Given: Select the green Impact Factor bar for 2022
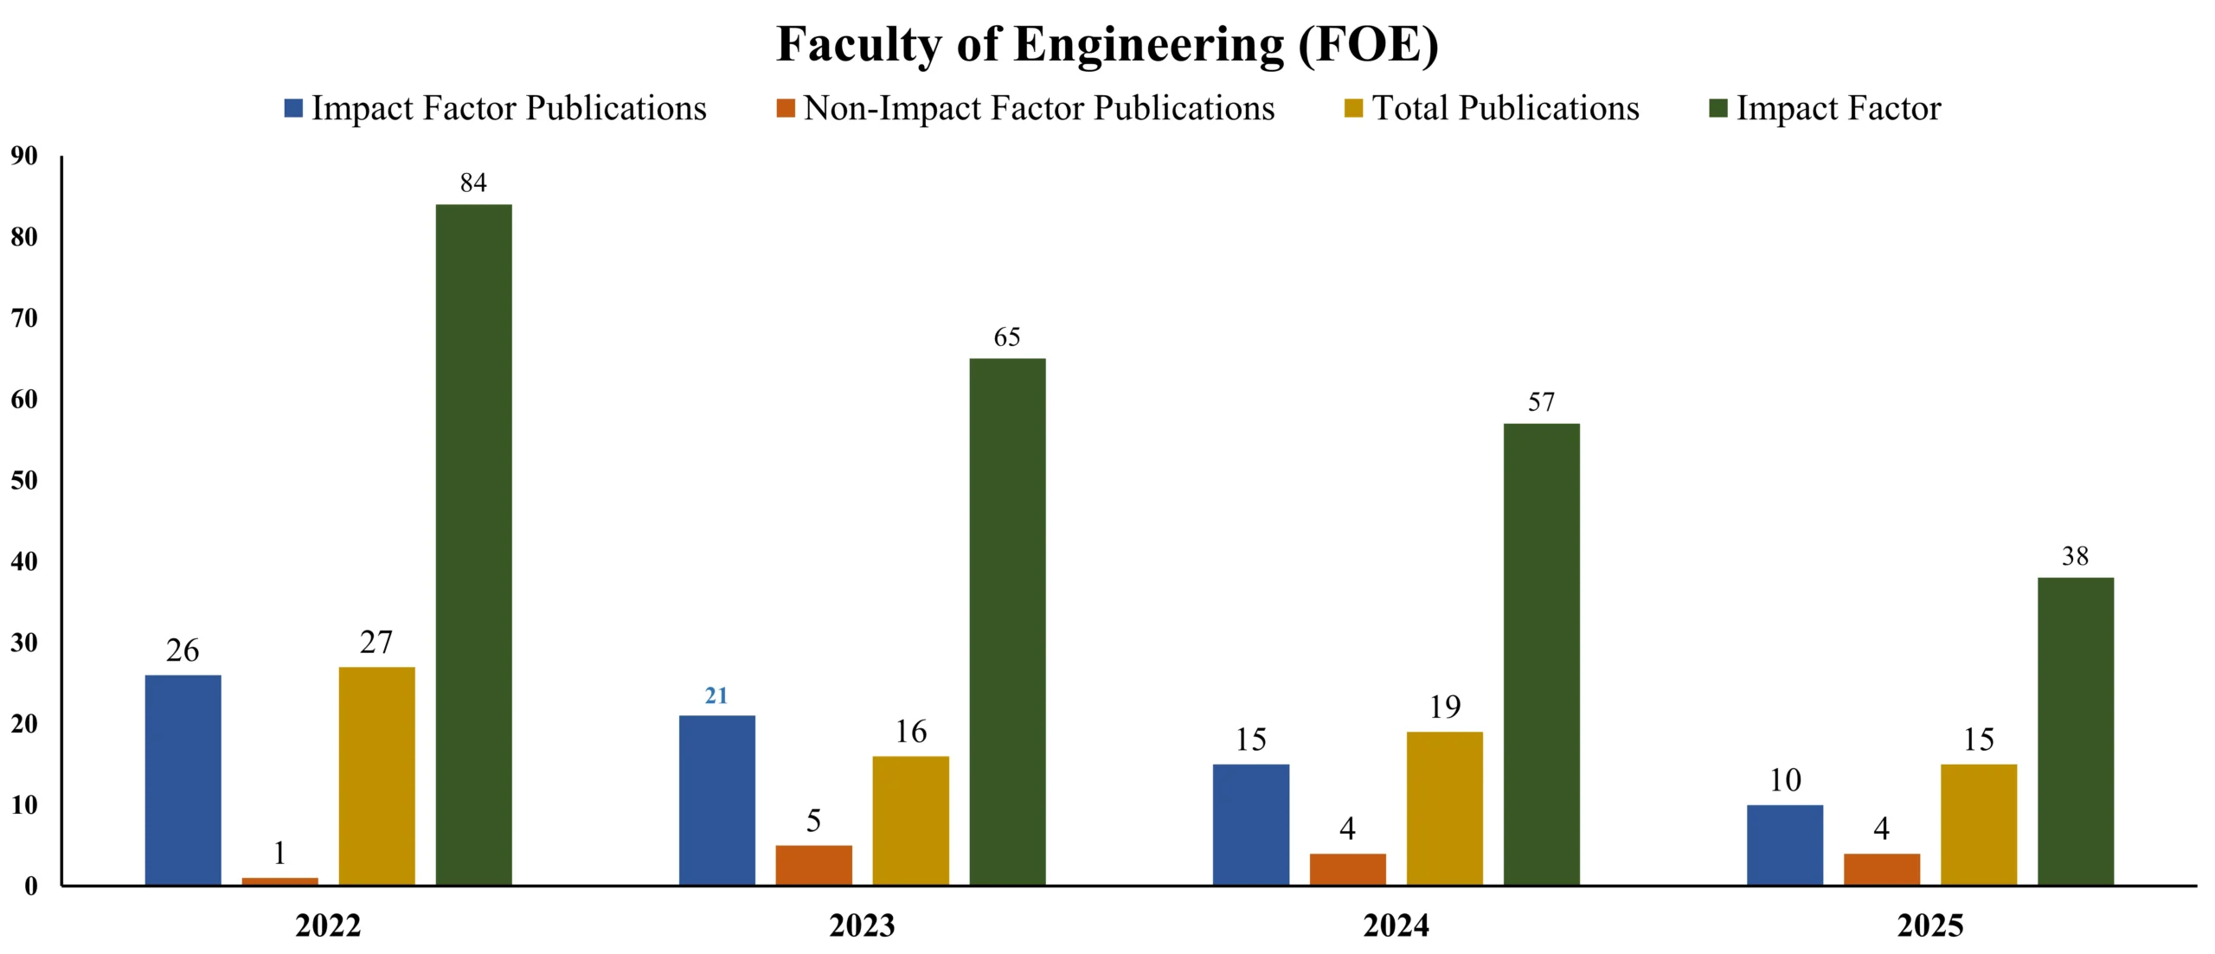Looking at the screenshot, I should point(473,544).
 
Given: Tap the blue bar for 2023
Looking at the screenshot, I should point(716,800).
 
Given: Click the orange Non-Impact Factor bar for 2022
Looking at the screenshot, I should point(279,881).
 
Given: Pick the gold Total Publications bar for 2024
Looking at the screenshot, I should point(1444,808).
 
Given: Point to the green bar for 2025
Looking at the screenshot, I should point(2075,731).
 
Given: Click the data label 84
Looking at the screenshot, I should point(473,182).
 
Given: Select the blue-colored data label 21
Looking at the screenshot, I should point(716,695).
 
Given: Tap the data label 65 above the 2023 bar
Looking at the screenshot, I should point(1007,336).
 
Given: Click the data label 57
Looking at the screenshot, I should point(1541,401).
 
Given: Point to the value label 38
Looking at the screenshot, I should point(2075,555).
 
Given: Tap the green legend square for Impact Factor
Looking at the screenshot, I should point(1718,108).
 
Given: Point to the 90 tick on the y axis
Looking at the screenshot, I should point(24,156).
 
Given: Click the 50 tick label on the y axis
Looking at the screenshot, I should point(24,480).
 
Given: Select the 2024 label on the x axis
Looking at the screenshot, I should point(1396,925).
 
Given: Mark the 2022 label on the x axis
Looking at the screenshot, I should point(328,925).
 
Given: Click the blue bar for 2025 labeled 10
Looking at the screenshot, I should point(1784,844).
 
